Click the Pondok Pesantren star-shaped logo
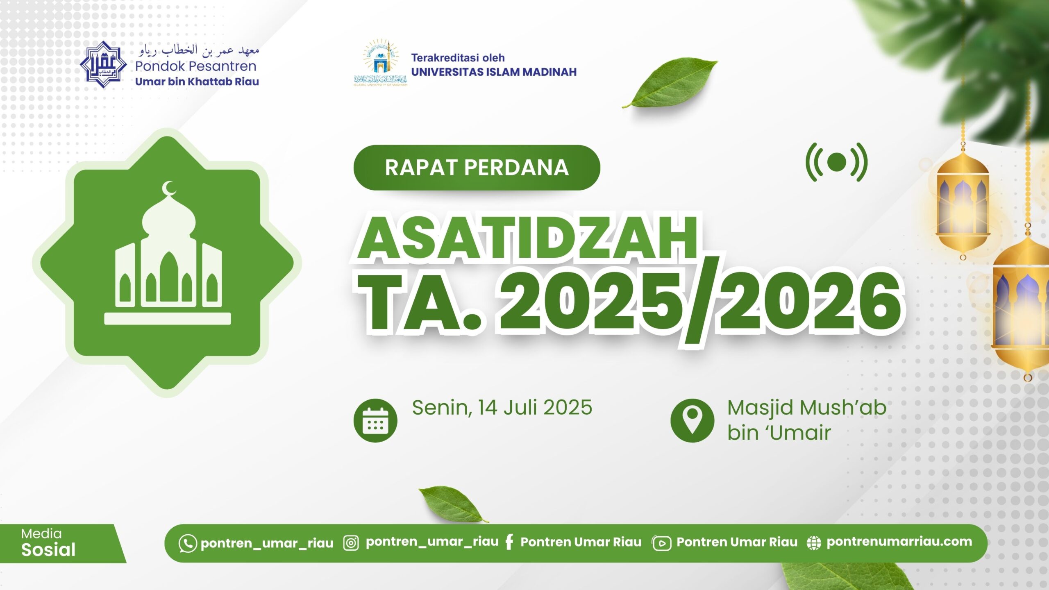103,64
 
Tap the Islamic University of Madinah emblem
380,62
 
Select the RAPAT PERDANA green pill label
477,167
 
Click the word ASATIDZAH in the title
528,238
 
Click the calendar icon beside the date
375,420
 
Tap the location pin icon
692,420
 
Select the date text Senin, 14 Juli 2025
502,408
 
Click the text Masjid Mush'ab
806,408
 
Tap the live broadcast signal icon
837,162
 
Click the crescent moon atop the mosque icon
168,189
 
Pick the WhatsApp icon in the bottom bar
188,543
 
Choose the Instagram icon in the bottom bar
351,543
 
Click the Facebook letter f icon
509,542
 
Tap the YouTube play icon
661,543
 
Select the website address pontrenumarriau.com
899,542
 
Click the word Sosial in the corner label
48,549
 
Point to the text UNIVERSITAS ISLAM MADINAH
494,72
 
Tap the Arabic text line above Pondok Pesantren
199,51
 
